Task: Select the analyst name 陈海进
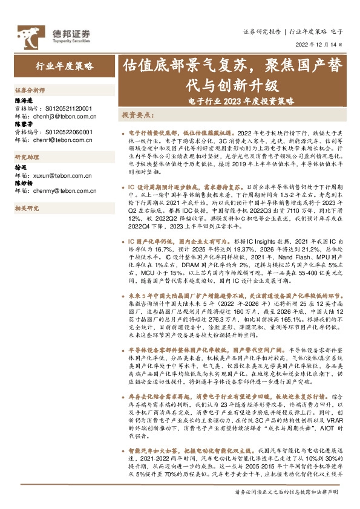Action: coord(23,101)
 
